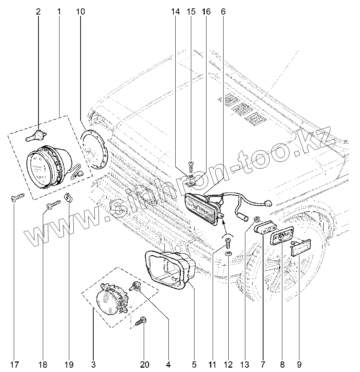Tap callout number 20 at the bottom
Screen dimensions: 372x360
click(145, 364)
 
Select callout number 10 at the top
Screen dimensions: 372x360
click(80, 12)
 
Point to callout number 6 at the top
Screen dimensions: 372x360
click(223, 12)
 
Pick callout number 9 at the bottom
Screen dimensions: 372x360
click(299, 364)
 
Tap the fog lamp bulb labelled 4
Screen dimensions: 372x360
click(135, 287)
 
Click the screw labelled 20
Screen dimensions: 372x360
click(141, 321)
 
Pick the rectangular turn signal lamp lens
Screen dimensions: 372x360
click(201, 207)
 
